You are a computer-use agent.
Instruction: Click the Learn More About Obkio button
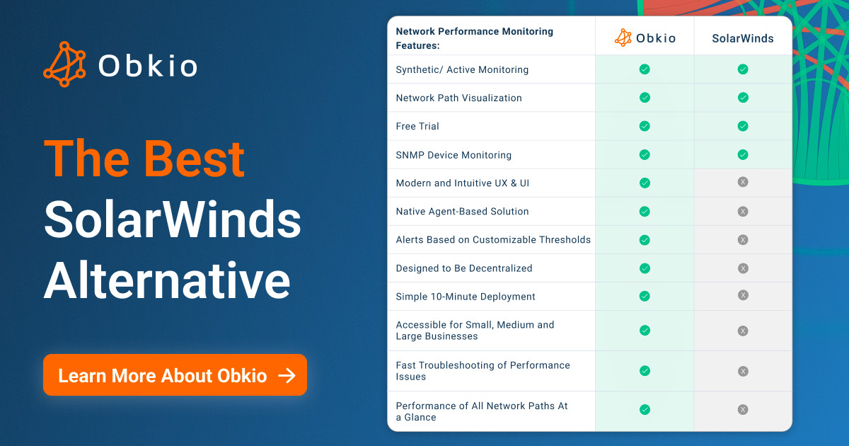point(175,375)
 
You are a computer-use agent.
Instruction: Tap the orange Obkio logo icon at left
point(64,64)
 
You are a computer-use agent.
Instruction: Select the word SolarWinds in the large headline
point(173,220)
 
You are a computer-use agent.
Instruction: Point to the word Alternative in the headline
point(167,281)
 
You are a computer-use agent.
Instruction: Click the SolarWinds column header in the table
point(743,38)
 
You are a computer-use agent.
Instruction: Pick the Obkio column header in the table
point(645,38)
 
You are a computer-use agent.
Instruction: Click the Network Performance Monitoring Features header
point(474,38)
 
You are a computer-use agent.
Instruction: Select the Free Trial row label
point(417,126)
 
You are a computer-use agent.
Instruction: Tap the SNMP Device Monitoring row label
point(454,154)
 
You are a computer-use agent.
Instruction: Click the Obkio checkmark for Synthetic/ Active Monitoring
point(645,69)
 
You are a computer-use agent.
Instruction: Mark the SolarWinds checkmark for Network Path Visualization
point(743,98)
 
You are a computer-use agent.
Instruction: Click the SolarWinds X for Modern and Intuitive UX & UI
point(743,182)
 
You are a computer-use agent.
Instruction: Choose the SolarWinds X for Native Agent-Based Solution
point(743,211)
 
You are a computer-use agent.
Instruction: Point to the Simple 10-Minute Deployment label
point(466,297)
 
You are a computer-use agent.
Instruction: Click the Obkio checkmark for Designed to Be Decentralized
point(645,268)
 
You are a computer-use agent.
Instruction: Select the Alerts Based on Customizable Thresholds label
point(493,239)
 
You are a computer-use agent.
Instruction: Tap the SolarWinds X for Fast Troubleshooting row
point(743,371)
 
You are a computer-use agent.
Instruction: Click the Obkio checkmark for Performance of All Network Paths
point(645,409)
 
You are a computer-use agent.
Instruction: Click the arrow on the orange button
point(287,375)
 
